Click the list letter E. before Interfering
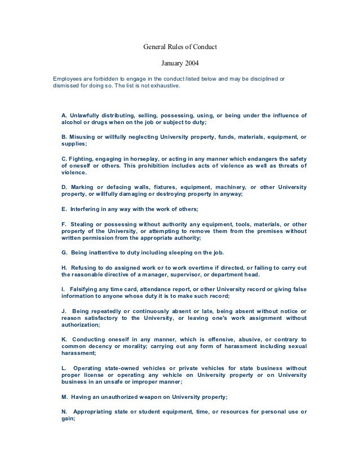point(63,209)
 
